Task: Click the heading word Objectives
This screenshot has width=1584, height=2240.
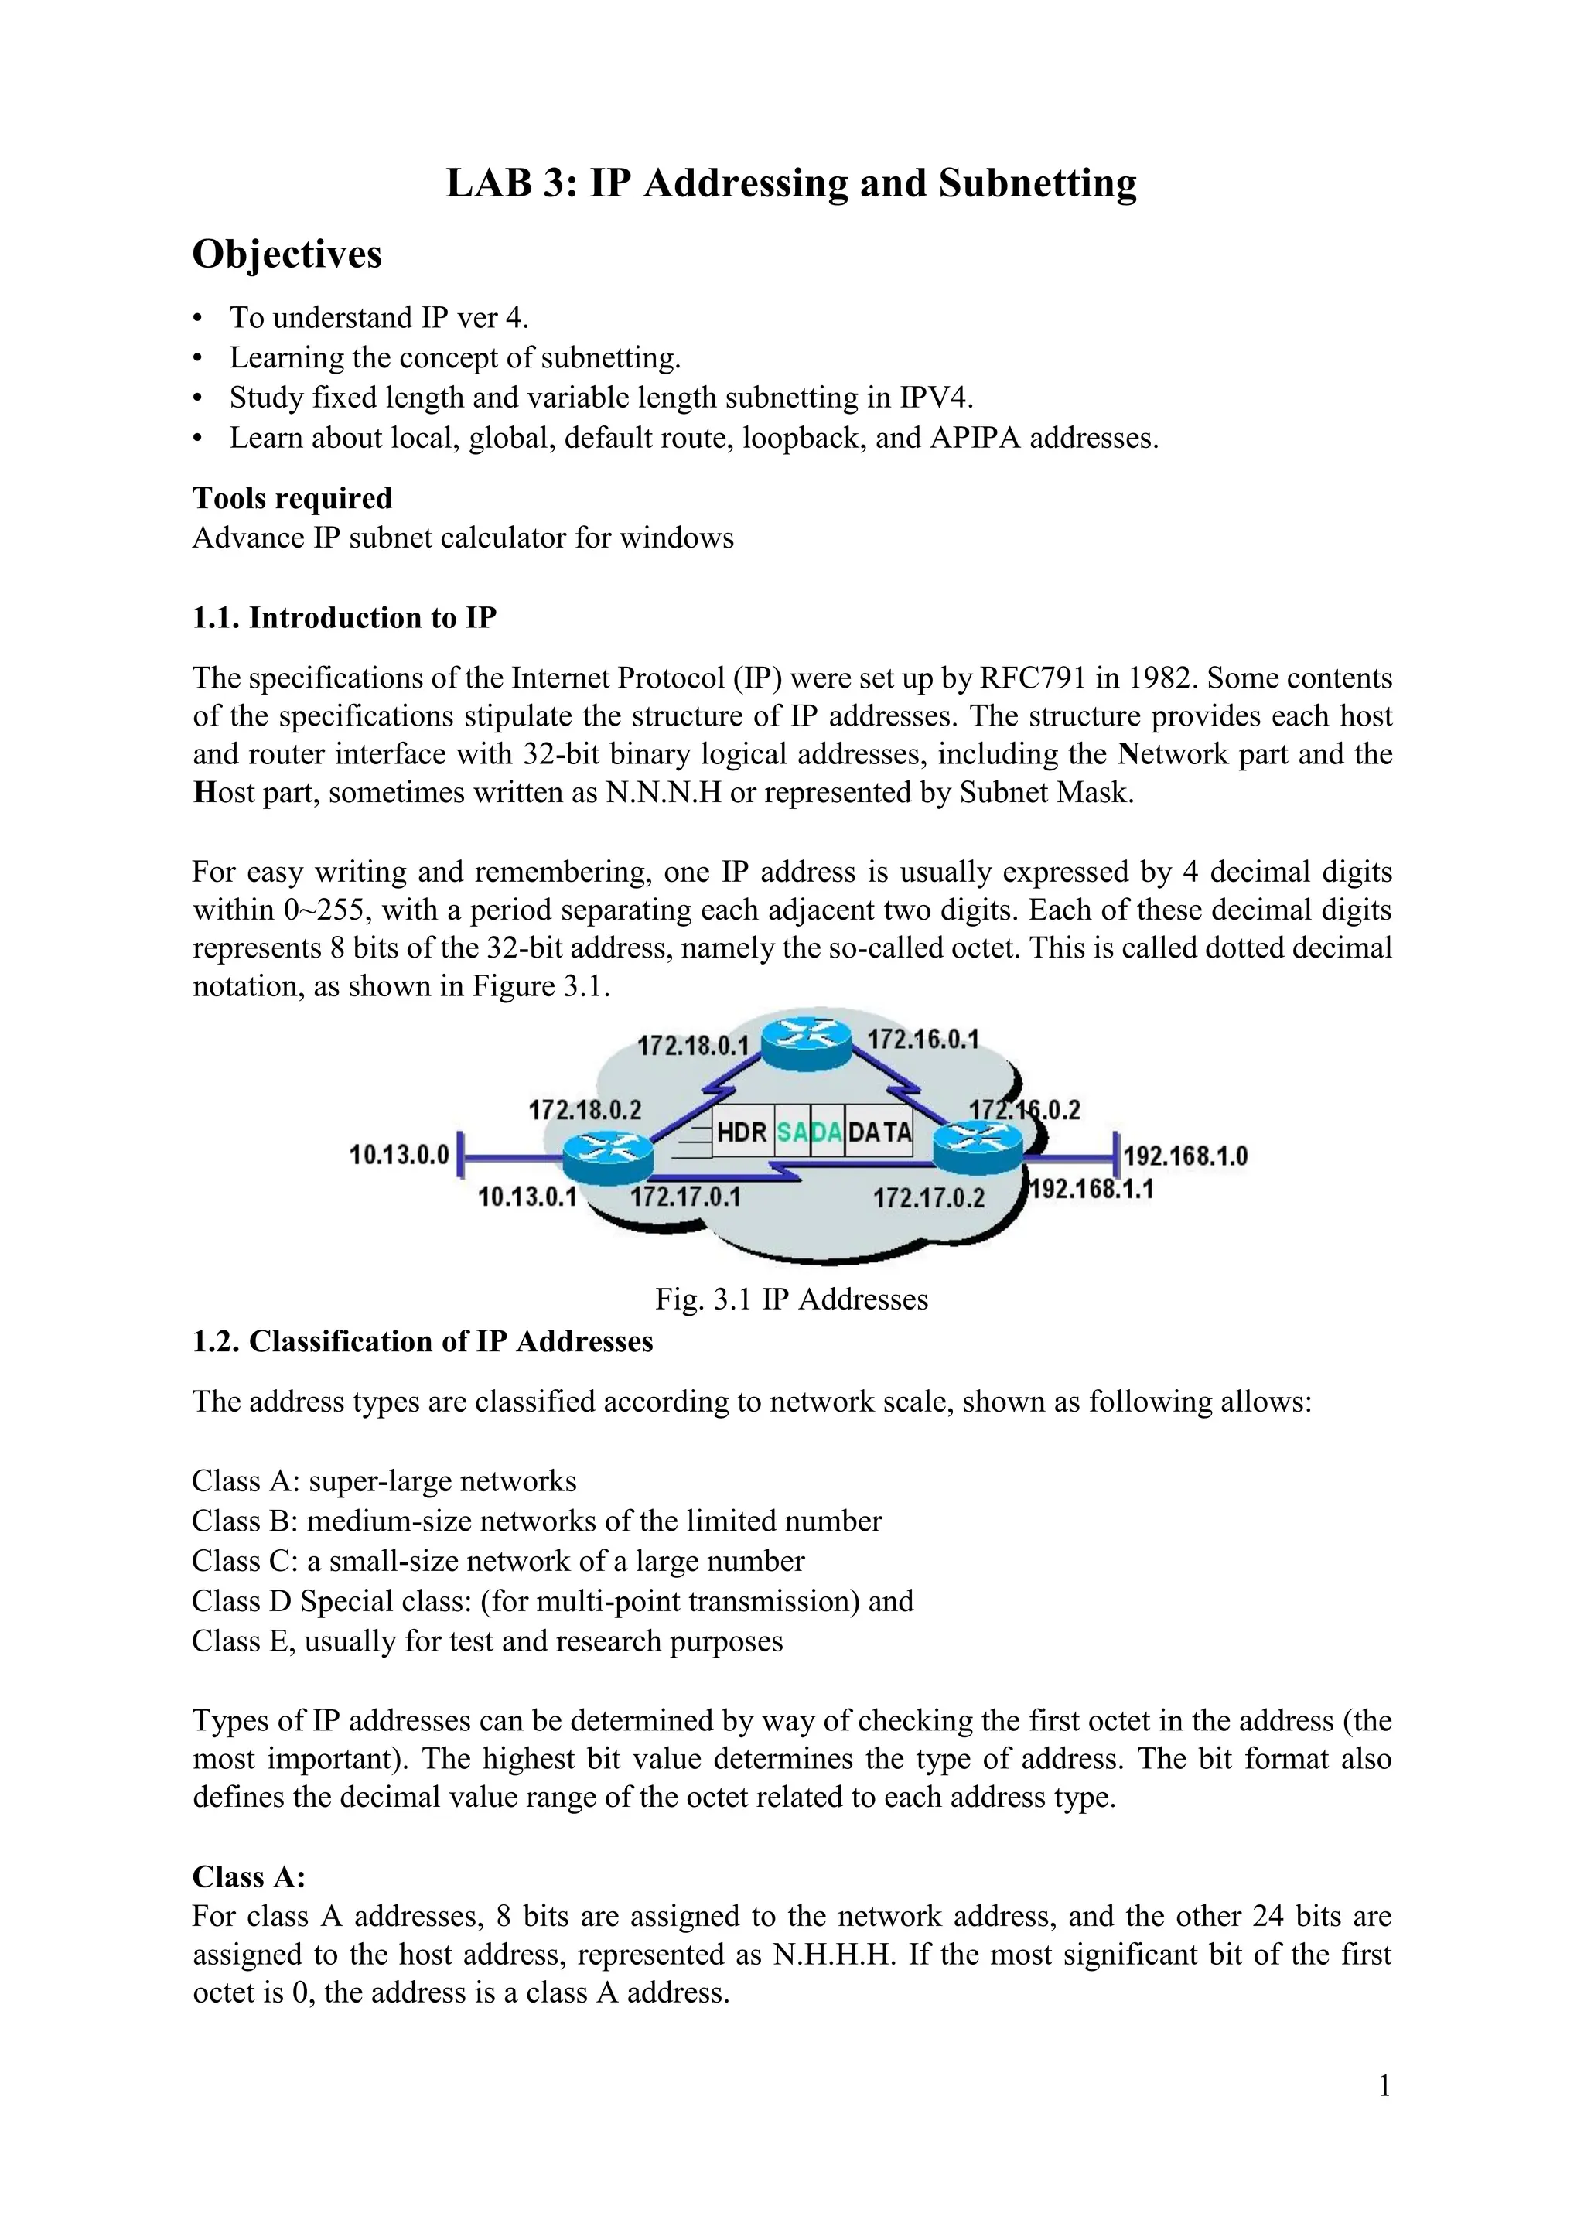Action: (x=287, y=254)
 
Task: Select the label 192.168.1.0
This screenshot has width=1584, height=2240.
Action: (x=1185, y=1156)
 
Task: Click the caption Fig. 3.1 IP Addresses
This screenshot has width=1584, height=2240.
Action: (x=791, y=1299)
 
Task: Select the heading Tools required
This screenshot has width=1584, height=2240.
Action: (x=292, y=499)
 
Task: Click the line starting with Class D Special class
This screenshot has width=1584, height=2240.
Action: (x=552, y=1602)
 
